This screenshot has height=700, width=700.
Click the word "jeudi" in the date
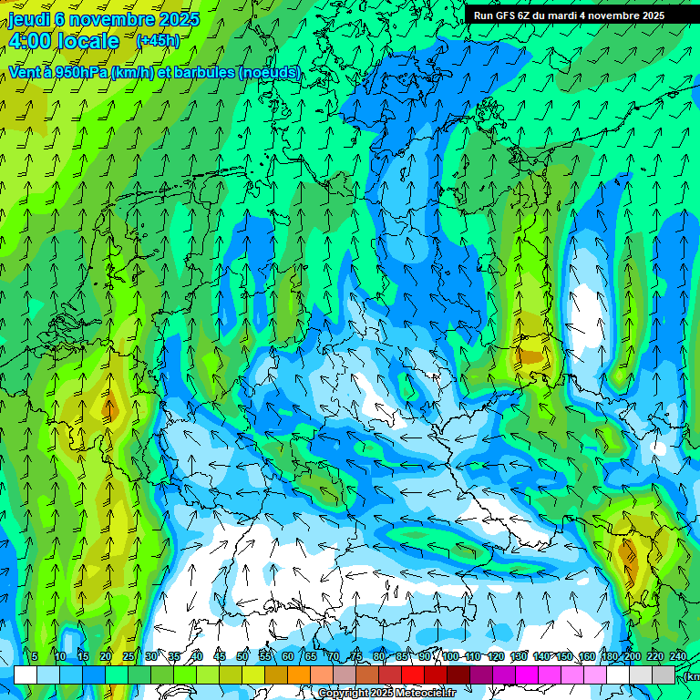pyautogui.click(x=29, y=18)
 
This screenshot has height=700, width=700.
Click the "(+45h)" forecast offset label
pyautogui.click(x=158, y=41)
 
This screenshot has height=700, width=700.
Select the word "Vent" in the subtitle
pyautogui.click(x=26, y=72)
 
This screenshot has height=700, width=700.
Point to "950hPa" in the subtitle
pyautogui.click(x=80, y=72)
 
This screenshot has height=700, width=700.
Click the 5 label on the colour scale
pyautogui.click(x=35, y=657)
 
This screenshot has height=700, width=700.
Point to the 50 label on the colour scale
pyautogui.click(x=242, y=657)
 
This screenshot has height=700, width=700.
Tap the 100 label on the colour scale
pyautogui.click(x=449, y=657)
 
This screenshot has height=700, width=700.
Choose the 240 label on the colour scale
pyautogui.click(x=677, y=657)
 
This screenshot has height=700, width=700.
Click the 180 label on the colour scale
pyautogui.click(x=609, y=657)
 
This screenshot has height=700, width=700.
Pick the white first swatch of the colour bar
pyautogui.click(x=26, y=674)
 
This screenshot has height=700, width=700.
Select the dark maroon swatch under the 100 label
pyautogui.click(x=458, y=674)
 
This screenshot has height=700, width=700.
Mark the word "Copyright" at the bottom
pyautogui.click(x=343, y=694)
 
